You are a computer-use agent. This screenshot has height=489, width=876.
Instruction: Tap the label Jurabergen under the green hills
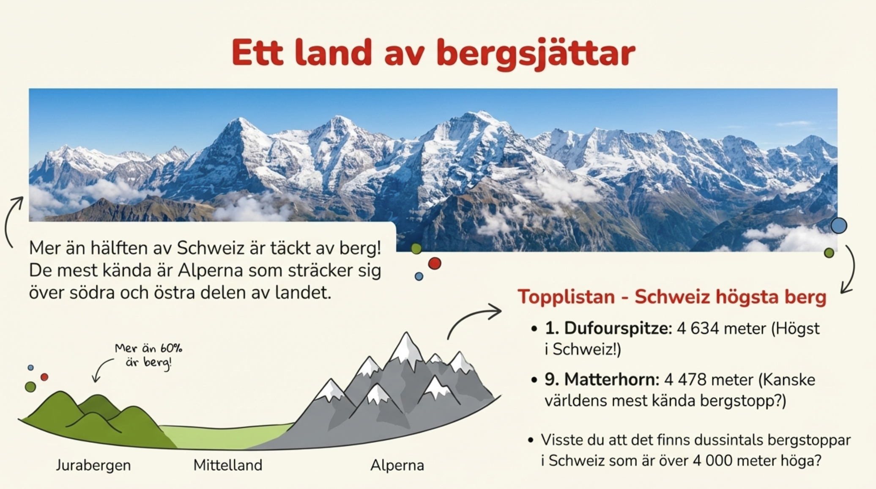tap(93, 465)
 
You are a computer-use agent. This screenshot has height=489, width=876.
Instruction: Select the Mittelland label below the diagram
tap(228, 465)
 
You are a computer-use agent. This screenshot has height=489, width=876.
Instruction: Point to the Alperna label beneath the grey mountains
tap(397, 465)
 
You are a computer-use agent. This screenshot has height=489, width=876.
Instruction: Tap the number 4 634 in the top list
tap(698, 328)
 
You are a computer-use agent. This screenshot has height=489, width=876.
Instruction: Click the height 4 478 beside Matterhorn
tap(685, 379)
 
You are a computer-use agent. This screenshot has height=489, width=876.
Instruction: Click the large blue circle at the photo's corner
tap(839, 225)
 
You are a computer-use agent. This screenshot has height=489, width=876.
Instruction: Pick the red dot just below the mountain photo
tap(435, 264)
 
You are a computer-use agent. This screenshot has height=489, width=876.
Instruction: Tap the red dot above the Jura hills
tap(44, 377)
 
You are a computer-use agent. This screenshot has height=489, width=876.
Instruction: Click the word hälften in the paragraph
tap(117, 248)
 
